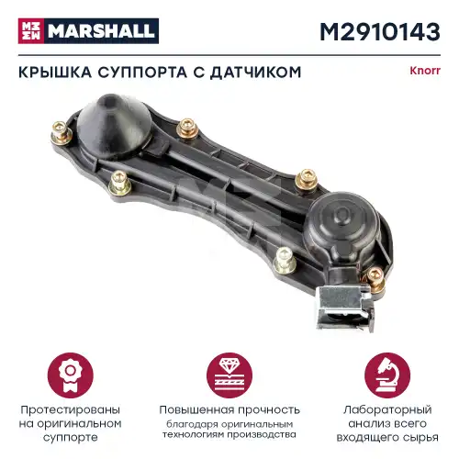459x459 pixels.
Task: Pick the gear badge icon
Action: (70, 369)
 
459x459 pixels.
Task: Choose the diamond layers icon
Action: (229, 369)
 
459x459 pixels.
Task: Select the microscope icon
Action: (388, 369)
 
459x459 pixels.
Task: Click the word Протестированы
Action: (70, 409)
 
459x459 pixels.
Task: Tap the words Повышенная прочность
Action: (229, 409)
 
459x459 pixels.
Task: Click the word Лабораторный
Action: (388, 409)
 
